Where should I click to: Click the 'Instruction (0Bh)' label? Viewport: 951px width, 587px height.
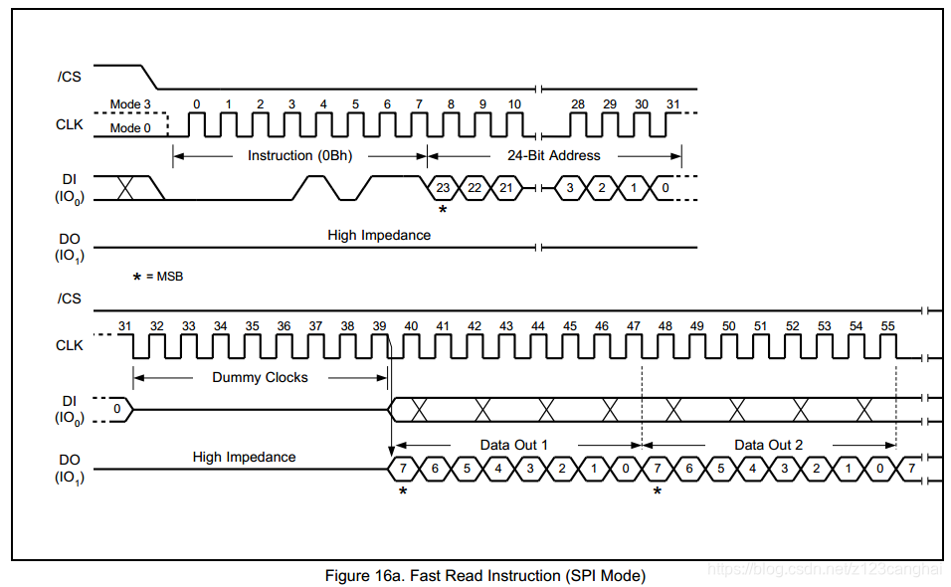(x=299, y=155)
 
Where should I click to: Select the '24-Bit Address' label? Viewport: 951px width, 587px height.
(x=554, y=155)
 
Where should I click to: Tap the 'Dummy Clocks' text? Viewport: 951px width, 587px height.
(x=260, y=377)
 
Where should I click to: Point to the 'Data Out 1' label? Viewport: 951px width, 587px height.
(x=514, y=445)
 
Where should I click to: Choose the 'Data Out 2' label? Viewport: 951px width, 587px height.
(x=768, y=445)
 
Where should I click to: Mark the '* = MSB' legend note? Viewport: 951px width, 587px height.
(x=158, y=277)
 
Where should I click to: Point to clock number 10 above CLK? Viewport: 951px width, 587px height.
(x=514, y=104)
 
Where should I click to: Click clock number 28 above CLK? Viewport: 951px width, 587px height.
(x=578, y=104)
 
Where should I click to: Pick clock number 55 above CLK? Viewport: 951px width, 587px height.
(x=887, y=326)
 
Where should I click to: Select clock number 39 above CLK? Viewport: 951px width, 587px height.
(x=379, y=326)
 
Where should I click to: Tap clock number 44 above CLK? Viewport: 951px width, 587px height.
(x=538, y=326)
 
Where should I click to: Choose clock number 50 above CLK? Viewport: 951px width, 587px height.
(x=729, y=326)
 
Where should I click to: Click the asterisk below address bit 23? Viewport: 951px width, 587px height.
(x=443, y=210)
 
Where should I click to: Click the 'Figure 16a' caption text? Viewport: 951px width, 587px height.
(x=484, y=575)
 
